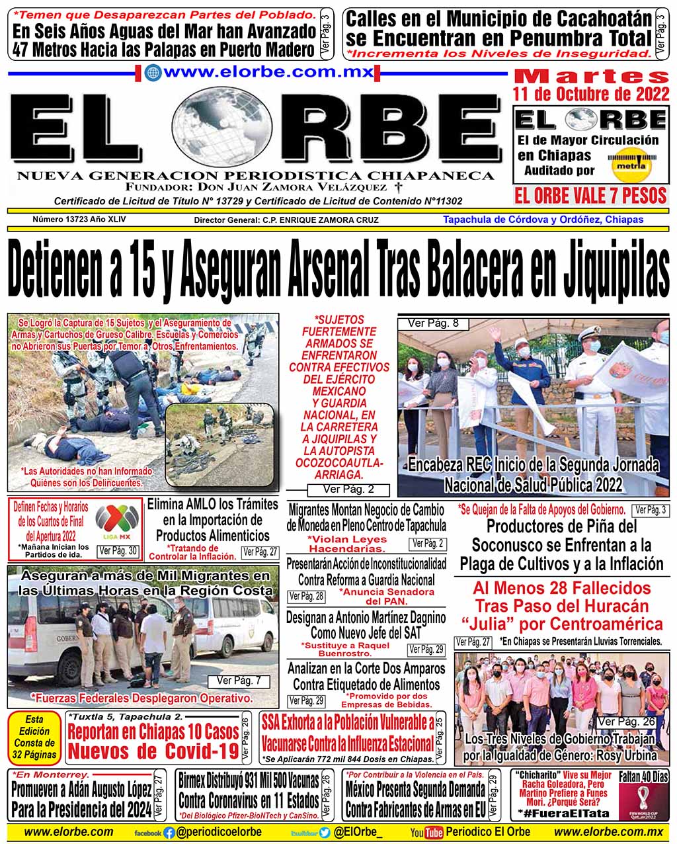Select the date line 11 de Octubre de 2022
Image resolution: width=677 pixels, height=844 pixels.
click(591, 94)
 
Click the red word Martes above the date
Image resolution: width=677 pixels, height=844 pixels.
click(591, 75)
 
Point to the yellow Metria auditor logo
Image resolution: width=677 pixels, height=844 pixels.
click(631, 163)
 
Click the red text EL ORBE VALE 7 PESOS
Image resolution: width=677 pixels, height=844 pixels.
click(590, 195)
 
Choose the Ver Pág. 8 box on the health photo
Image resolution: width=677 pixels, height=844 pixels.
click(433, 323)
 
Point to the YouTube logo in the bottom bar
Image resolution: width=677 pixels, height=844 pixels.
click(427, 833)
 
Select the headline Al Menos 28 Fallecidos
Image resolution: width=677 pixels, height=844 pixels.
click(561, 588)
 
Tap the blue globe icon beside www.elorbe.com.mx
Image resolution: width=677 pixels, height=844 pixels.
click(153, 73)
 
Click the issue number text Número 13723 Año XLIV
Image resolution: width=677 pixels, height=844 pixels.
click(79, 219)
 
